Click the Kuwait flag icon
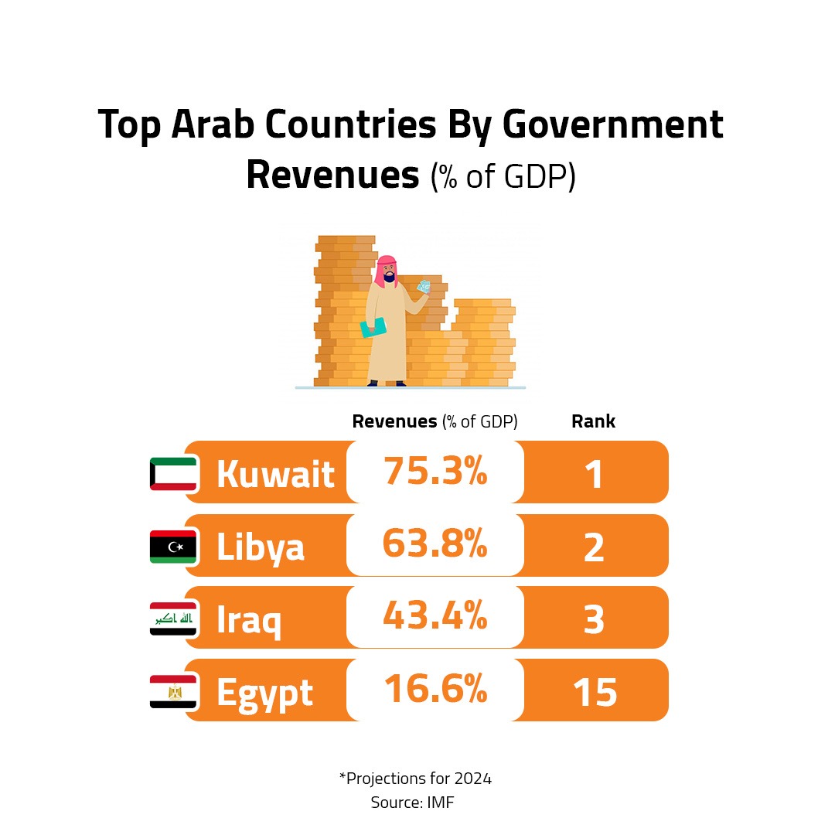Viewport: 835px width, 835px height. [173, 473]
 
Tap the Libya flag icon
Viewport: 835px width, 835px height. [173, 547]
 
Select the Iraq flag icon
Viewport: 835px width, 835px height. [173, 619]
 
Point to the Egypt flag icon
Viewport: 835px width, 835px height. [173, 691]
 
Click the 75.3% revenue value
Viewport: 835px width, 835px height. [435, 471]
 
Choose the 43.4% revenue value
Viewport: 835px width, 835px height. [435, 616]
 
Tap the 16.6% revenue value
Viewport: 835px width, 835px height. [435, 689]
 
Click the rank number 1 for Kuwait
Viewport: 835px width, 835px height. [594, 475]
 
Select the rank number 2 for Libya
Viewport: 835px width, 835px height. [594, 547]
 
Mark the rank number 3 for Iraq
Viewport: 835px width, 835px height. [594, 620]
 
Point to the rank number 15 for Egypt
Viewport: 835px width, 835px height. [595, 693]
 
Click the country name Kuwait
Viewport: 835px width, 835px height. [275, 474]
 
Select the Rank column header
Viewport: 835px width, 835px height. [593, 421]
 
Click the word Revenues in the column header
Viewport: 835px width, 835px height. [394, 421]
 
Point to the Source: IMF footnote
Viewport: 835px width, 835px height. [412, 803]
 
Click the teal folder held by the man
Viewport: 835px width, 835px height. [373, 327]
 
